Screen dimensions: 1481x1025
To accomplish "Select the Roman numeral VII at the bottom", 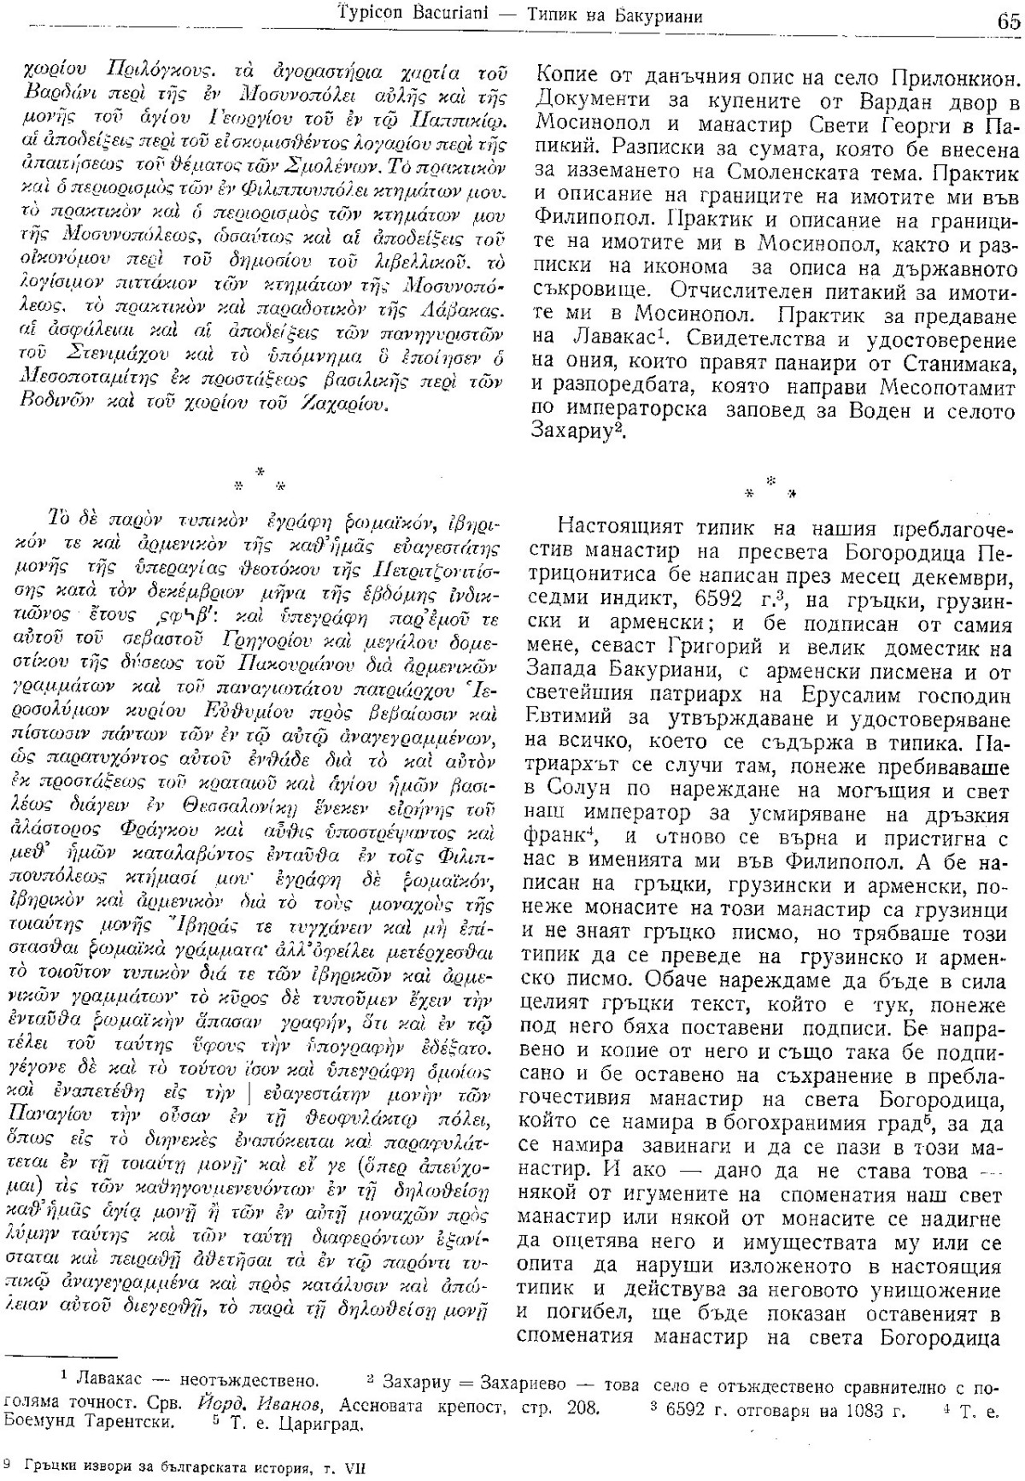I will [x=352, y=1466].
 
